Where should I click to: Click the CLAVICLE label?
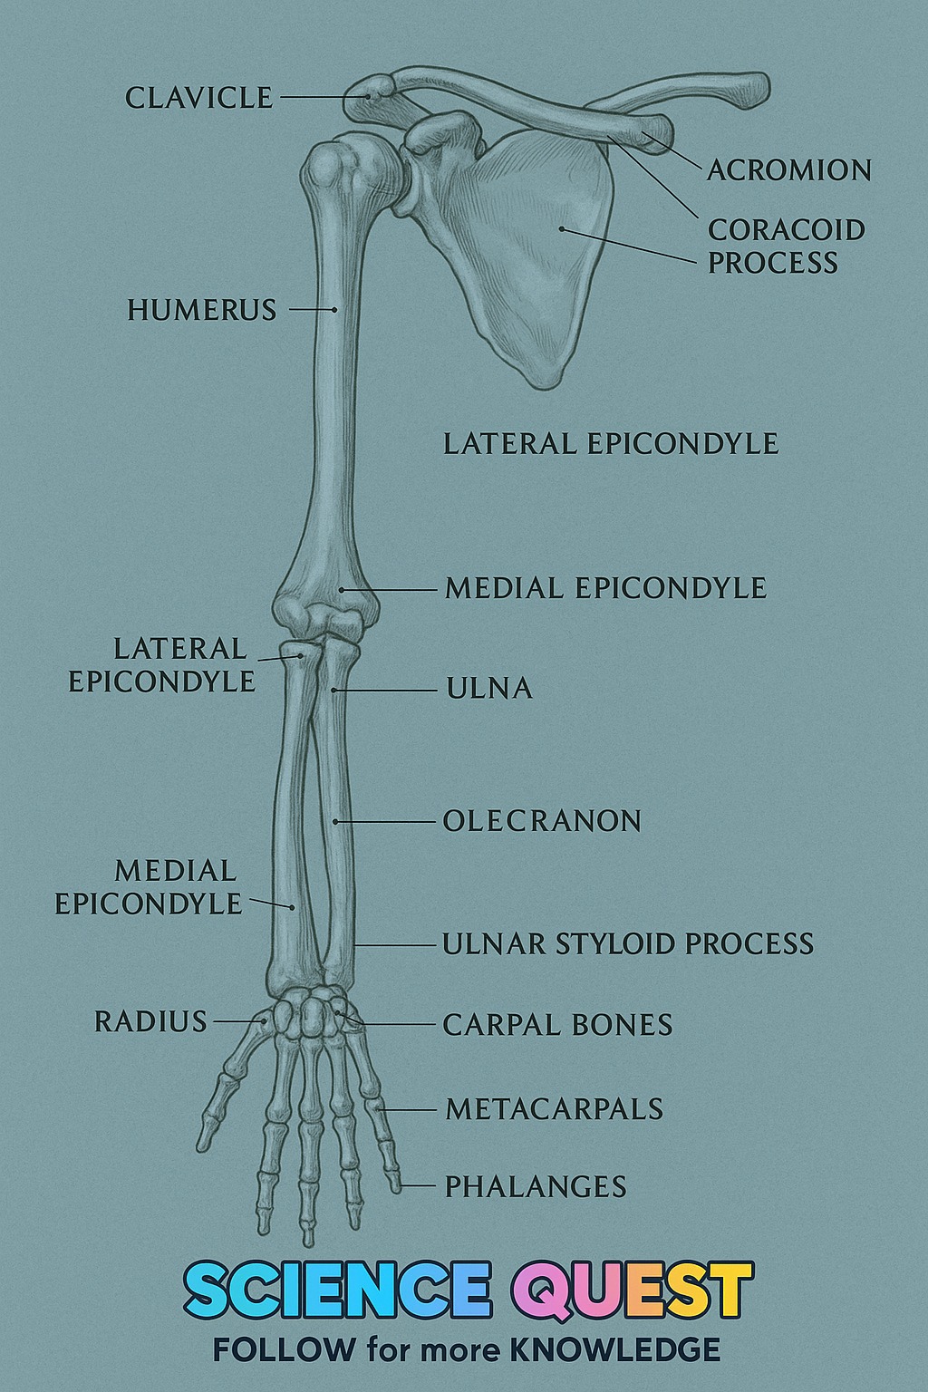[x=198, y=98]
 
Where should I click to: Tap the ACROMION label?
[x=789, y=170]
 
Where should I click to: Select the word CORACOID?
[x=787, y=230]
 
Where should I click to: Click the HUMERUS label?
[x=202, y=310]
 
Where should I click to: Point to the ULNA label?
[x=489, y=689]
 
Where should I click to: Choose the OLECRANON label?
[x=542, y=821]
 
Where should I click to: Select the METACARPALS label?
[x=555, y=1109]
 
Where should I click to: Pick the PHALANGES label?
[x=536, y=1186]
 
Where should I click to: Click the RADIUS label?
[x=150, y=1021]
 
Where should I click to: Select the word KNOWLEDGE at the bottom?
[x=615, y=1350]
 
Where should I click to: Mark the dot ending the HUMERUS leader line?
[x=334, y=309]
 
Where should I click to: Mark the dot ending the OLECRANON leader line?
[x=334, y=822]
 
